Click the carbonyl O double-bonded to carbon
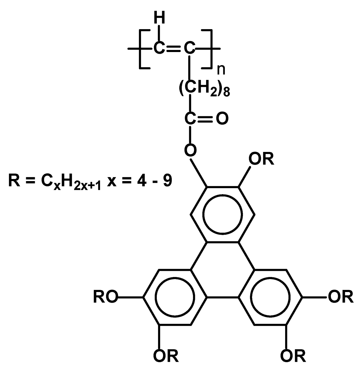pos(222,118)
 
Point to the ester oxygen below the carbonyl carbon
pos(190,150)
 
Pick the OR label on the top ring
pos(261,160)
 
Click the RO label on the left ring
pos(105,297)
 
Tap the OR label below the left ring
pos(166,355)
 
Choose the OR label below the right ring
pos(293,355)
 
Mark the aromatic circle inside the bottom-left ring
pos(174,297)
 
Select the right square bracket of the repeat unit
pos(208,49)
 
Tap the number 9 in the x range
pos(167,180)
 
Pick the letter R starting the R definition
pos(14,180)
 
